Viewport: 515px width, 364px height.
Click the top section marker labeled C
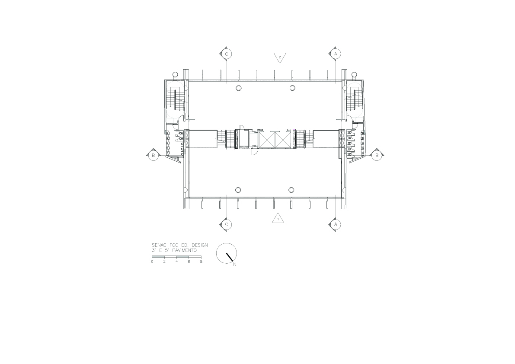click(x=227, y=54)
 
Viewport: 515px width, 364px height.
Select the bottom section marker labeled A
click(x=336, y=224)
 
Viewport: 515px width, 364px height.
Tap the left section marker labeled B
click(x=153, y=156)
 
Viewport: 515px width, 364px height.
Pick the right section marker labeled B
click(x=377, y=155)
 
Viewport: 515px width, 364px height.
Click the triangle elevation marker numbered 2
click(x=280, y=57)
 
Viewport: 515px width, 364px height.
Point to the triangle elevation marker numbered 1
click(x=278, y=219)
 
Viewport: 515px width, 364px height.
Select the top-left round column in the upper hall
click(x=239, y=88)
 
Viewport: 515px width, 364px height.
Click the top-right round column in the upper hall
click(x=292, y=88)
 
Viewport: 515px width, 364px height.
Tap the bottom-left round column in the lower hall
click(x=238, y=190)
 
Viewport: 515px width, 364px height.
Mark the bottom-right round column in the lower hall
click(x=291, y=190)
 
